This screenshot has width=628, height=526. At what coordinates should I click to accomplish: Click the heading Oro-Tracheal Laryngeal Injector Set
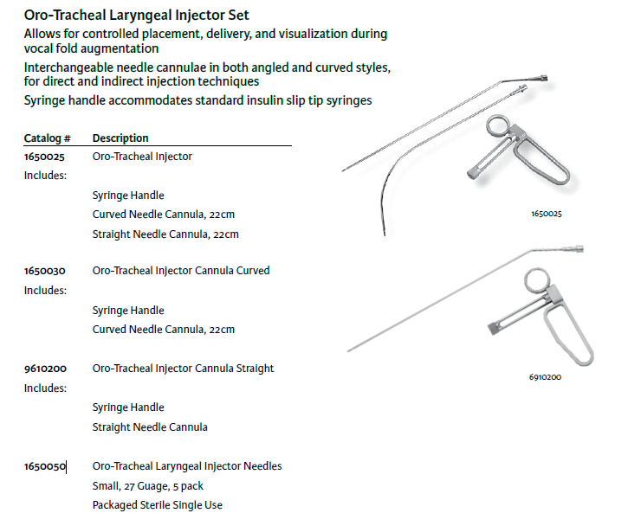[136, 16]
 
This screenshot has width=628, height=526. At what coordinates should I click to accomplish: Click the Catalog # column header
[48, 138]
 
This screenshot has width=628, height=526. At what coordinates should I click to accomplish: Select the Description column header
[120, 138]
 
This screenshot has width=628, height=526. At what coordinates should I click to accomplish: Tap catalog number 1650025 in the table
[44, 157]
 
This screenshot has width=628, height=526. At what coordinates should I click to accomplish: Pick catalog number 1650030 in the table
[44, 271]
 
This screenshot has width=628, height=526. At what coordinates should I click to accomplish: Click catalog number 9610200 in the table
[45, 369]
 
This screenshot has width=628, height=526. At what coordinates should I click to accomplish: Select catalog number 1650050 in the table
[45, 466]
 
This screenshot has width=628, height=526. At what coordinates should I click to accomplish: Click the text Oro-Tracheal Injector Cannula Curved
[181, 271]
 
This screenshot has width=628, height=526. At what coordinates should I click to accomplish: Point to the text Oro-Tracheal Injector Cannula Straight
[183, 369]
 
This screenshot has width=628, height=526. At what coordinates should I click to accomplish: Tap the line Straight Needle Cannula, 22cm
[165, 234]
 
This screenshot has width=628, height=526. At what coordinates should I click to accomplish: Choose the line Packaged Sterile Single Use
[158, 505]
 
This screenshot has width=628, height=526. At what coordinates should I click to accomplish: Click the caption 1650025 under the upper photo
[547, 214]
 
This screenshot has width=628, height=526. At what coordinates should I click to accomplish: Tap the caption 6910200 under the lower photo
[545, 377]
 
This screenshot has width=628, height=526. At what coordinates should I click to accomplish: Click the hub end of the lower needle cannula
[579, 248]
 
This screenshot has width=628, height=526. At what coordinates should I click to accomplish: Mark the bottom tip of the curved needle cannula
[385, 235]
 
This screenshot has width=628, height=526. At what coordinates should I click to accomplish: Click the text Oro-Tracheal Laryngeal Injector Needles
[187, 466]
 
